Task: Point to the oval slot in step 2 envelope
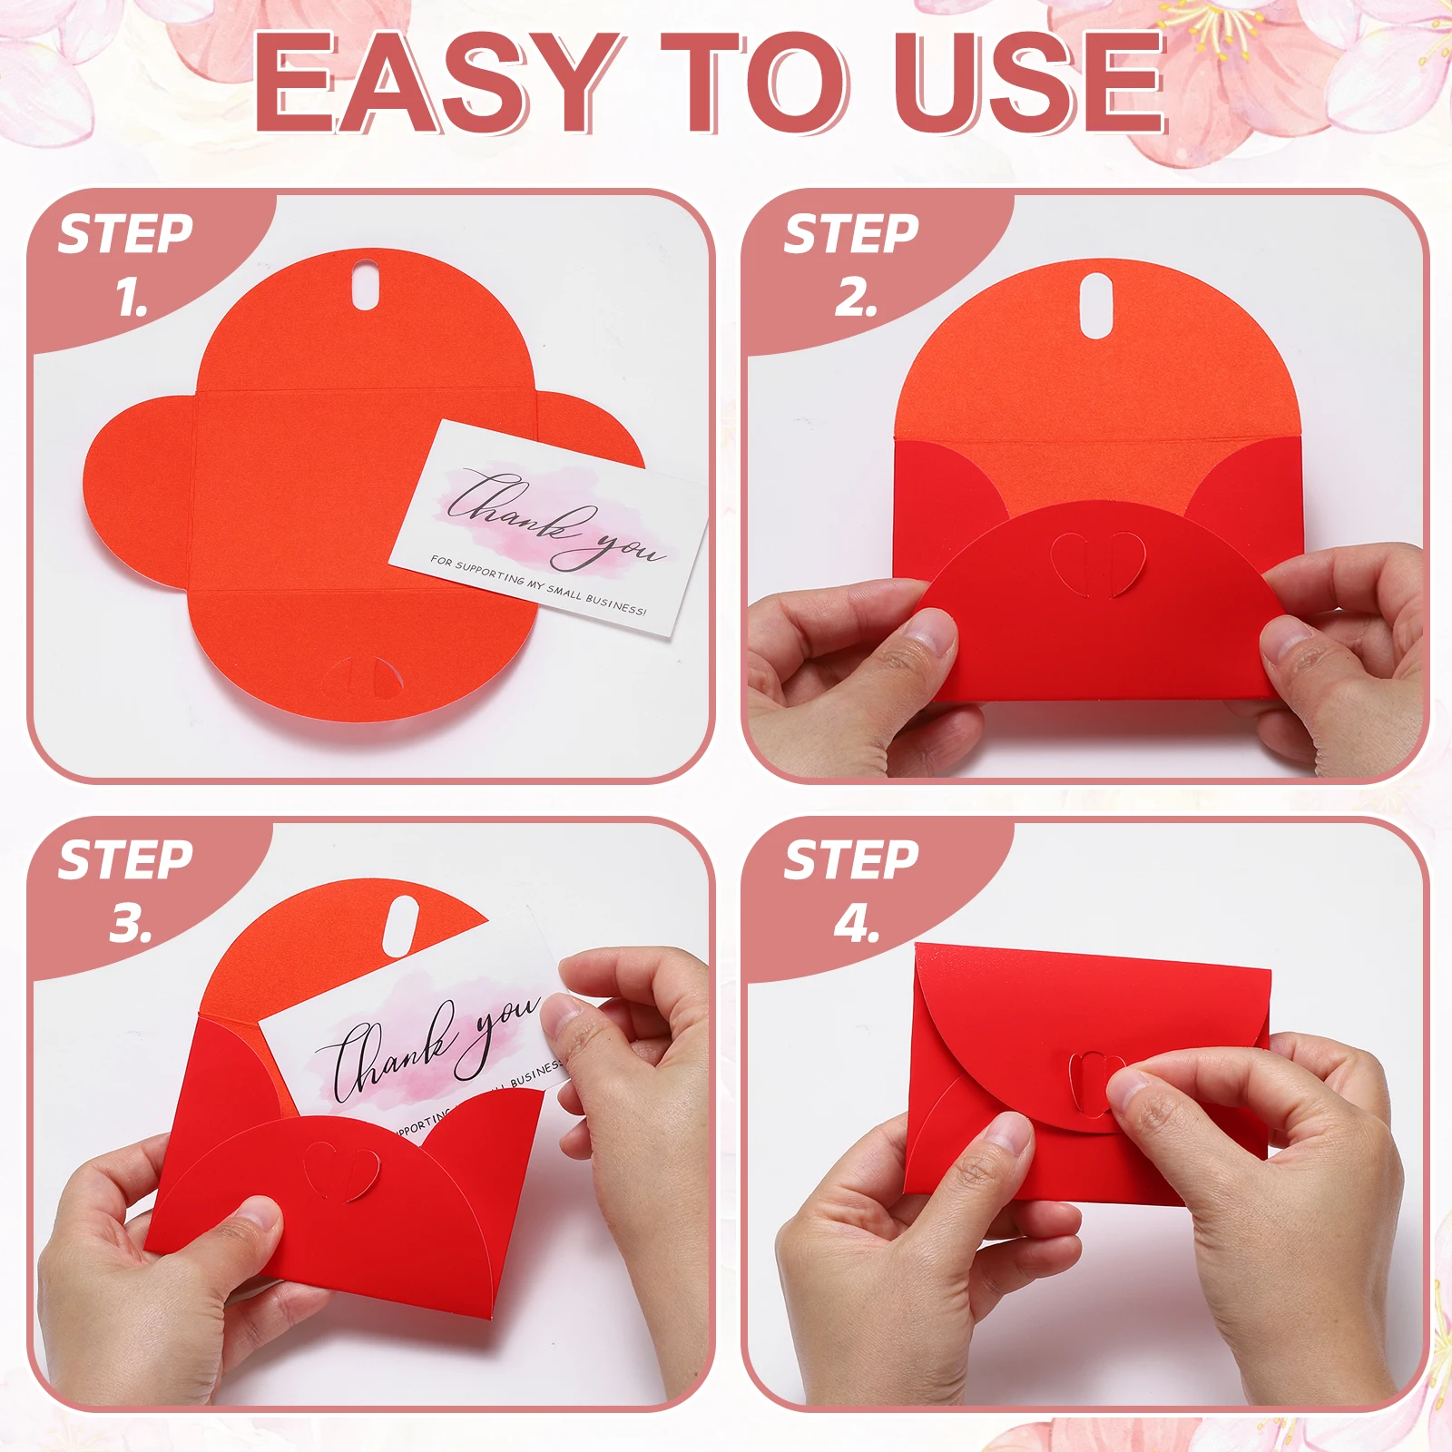[x=1096, y=306]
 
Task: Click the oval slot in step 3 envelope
[x=400, y=926]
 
